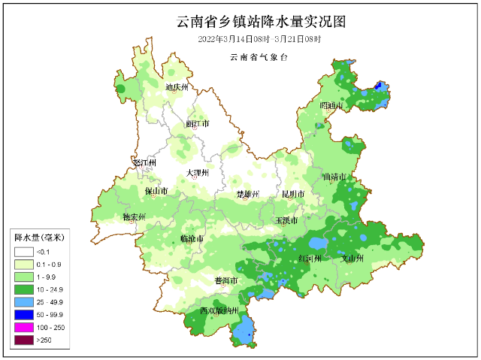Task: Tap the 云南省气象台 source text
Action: coord(260,57)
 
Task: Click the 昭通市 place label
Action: coord(331,106)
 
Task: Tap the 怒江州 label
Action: coord(143,162)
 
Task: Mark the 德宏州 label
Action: coord(134,217)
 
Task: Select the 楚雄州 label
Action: coord(247,194)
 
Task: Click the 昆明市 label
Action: coord(292,194)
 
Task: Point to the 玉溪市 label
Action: coord(286,221)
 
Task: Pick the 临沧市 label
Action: coord(192,238)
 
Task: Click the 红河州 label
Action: coord(309,258)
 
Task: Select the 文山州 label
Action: coord(352,258)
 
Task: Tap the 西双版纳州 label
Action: coord(219,310)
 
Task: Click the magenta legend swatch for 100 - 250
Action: coord(23,328)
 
